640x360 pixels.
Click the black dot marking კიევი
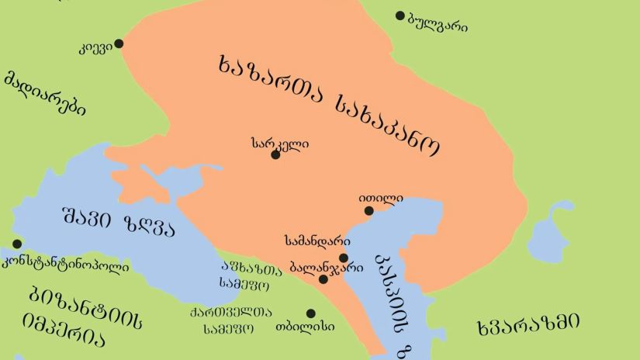[x=119, y=43]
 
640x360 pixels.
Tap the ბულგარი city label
[x=438, y=23]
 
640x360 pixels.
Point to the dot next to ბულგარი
[x=400, y=16]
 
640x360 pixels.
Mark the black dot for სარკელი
[x=275, y=155]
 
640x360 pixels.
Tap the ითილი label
[x=381, y=198]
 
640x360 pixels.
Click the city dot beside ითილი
[x=369, y=210]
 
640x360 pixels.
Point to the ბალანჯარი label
[x=326, y=266]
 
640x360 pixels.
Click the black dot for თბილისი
[x=311, y=313]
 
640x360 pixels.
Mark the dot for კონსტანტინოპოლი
[x=17, y=244]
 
